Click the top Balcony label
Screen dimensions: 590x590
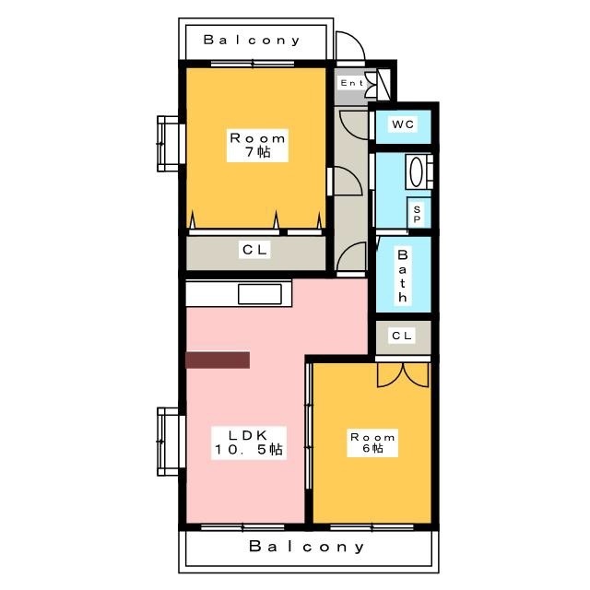[252, 40]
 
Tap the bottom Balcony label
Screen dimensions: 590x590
[307, 547]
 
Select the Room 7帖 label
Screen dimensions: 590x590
[257, 146]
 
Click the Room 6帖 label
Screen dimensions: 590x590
[372, 442]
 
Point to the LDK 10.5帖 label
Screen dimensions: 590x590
[249, 442]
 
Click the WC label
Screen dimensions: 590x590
[403, 124]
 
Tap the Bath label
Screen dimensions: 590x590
[403, 276]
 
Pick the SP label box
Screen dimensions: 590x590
[418, 214]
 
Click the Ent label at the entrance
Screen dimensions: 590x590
[351, 83]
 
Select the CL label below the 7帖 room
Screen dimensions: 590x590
[254, 250]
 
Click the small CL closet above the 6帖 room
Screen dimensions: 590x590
[404, 336]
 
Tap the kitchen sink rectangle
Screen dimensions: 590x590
[260, 294]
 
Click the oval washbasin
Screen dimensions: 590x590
[416, 172]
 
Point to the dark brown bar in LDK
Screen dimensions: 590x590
[218, 360]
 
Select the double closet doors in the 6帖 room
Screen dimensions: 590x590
[403, 375]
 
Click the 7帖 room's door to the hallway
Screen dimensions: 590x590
[346, 182]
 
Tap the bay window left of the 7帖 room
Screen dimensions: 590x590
[170, 144]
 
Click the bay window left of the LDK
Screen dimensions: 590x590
[170, 442]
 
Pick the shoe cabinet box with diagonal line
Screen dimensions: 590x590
[383, 84]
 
